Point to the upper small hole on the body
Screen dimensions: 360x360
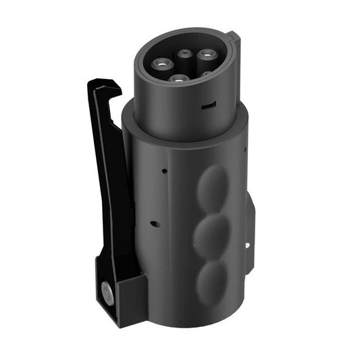point(163,172)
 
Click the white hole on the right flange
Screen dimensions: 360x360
point(248,245)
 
